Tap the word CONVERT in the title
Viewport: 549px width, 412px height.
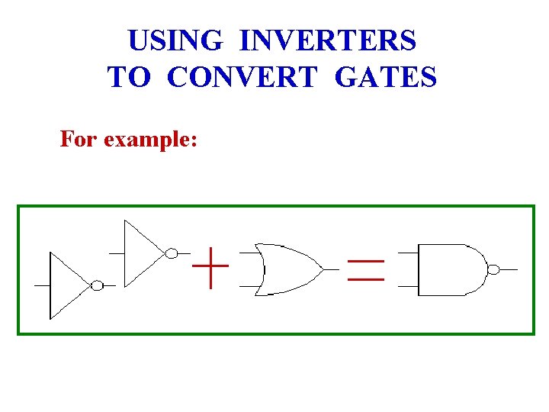[241, 77]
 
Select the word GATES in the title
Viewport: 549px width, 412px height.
[386, 77]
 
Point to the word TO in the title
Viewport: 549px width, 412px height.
[131, 77]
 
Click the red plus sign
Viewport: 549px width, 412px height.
[210, 268]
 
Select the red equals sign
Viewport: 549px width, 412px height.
[366, 270]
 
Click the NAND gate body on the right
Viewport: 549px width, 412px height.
[450, 269]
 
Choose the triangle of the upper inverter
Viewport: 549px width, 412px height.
[140, 253]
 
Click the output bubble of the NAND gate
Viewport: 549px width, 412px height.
[493, 269]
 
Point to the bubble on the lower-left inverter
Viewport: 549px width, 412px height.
[97, 285]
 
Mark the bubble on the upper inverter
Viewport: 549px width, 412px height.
[172, 253]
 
